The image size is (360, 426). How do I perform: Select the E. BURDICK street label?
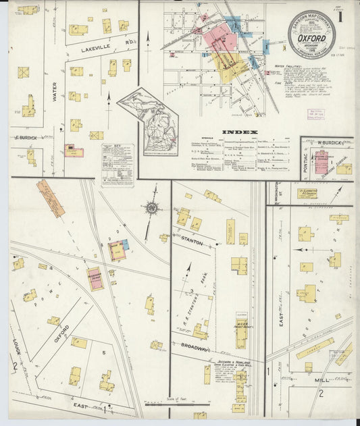24,138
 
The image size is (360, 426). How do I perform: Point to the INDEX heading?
240,132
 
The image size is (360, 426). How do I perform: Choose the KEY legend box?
118,164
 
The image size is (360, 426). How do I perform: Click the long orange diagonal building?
51,198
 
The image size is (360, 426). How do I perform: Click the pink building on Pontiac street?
321,163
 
